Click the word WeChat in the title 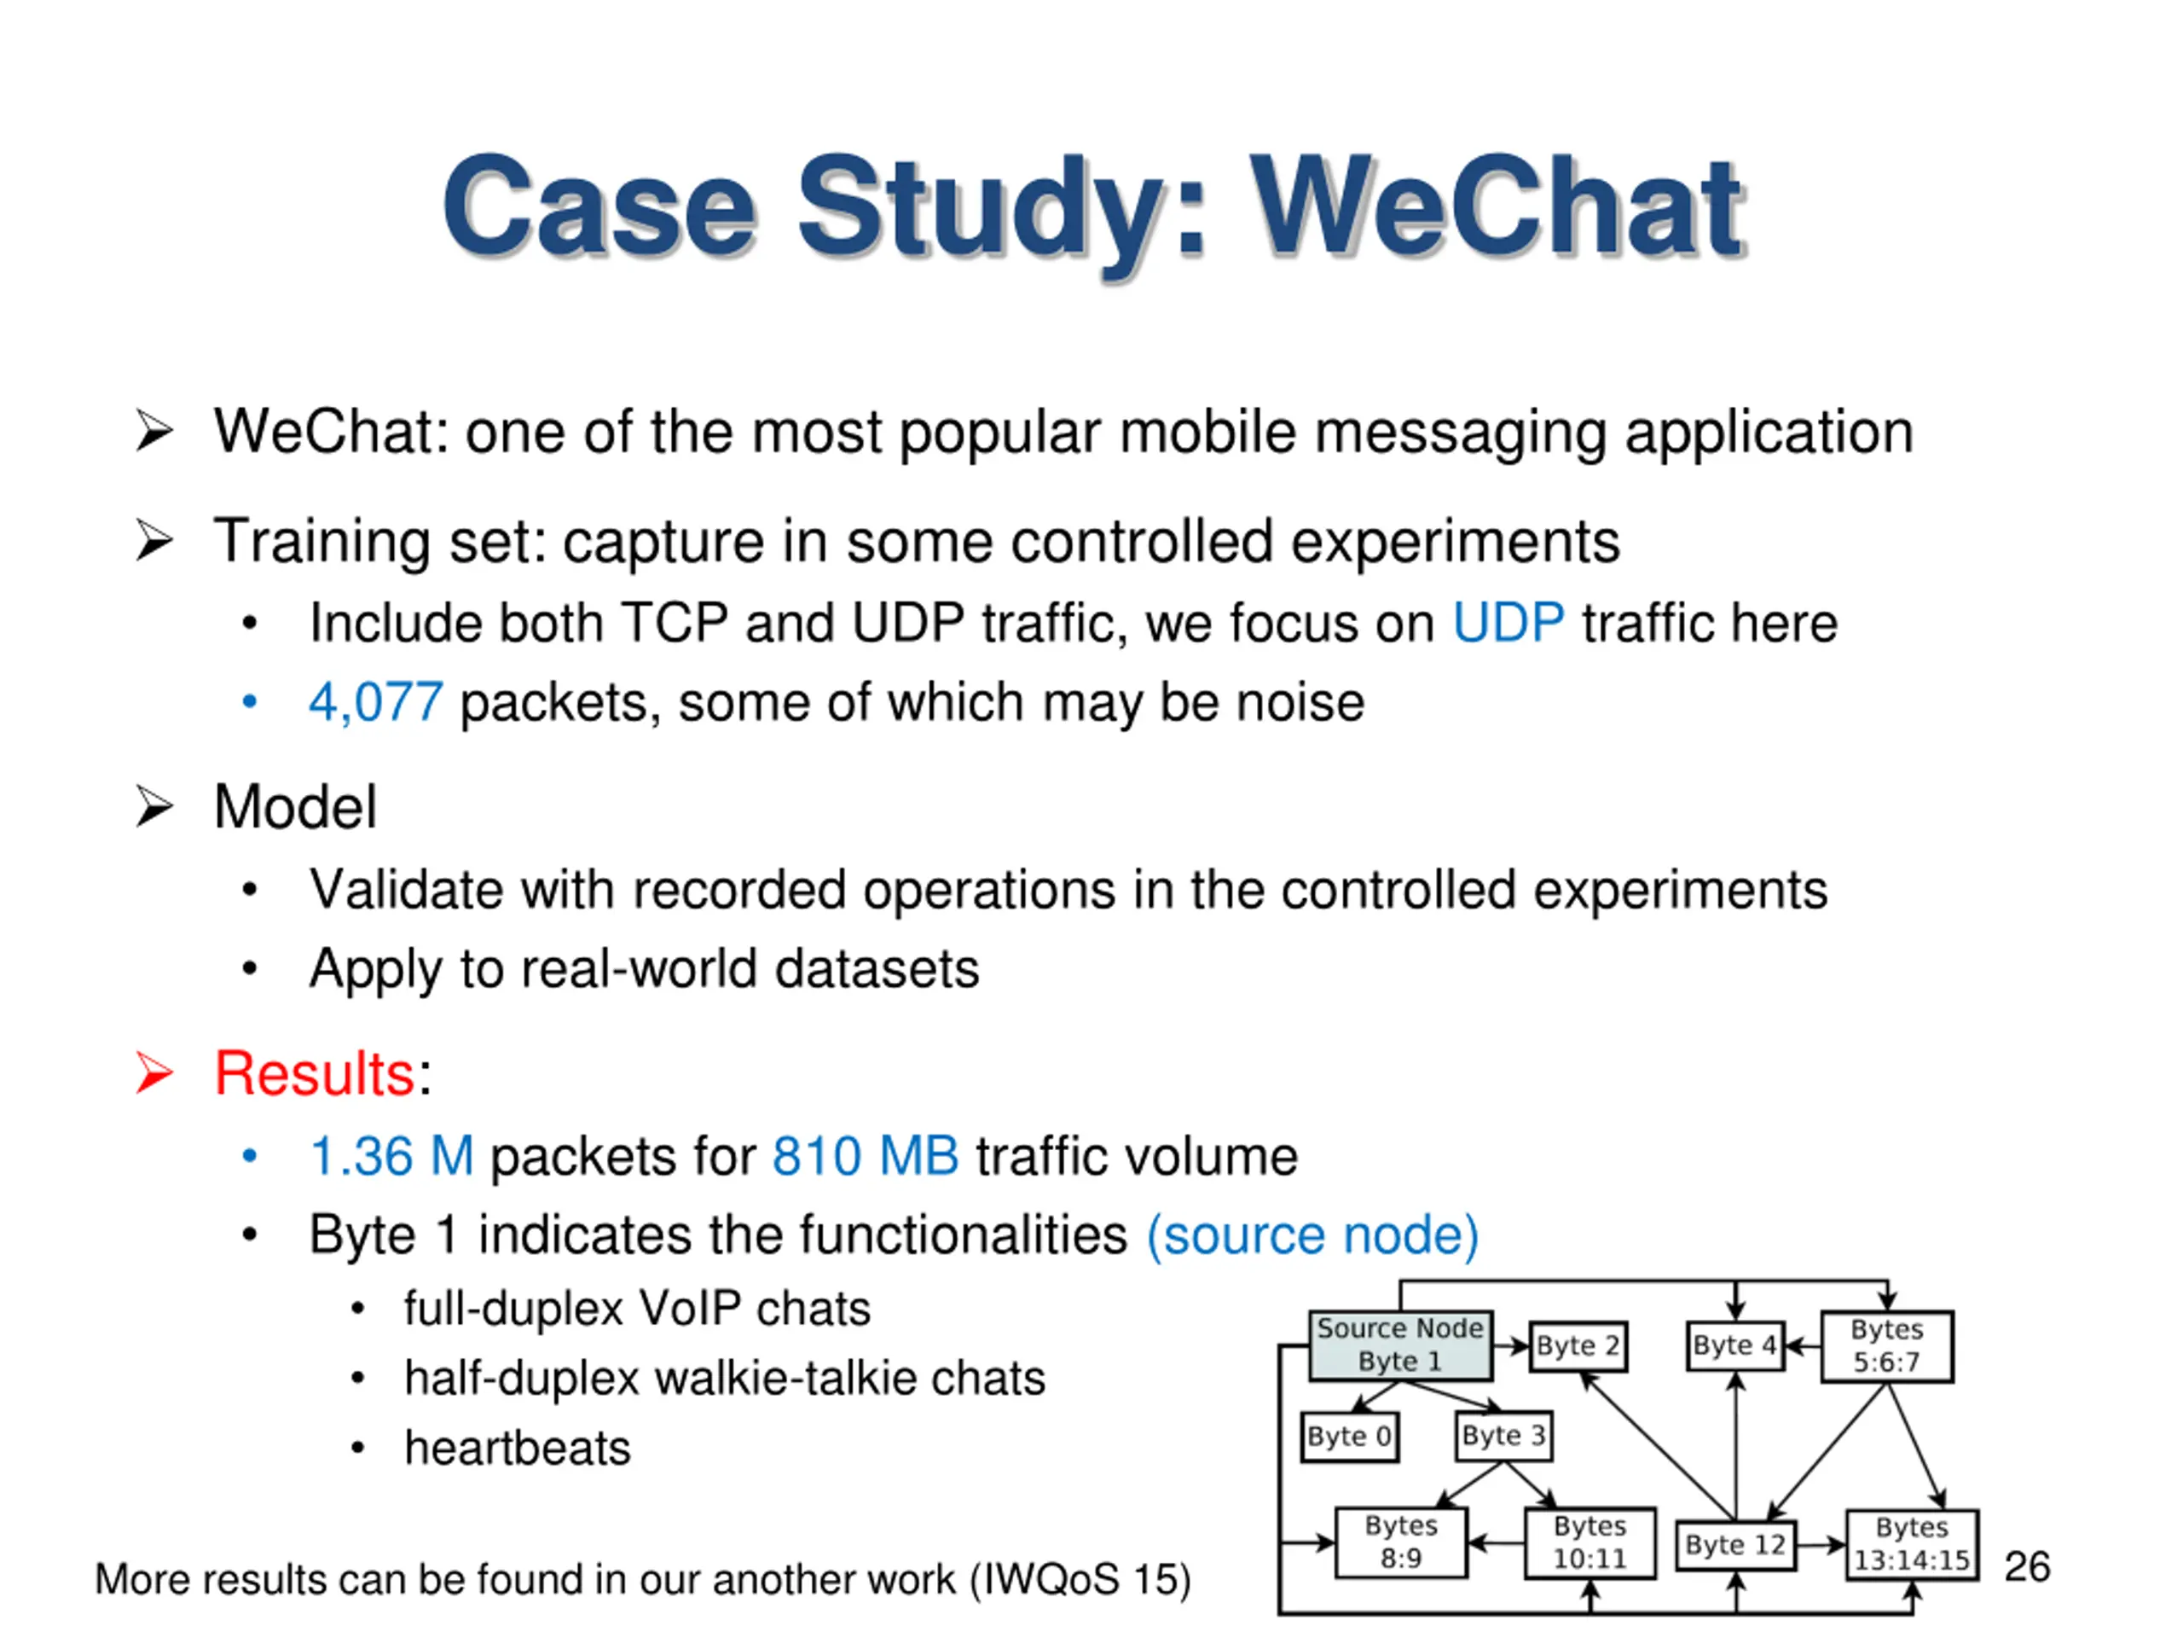coord(1498,209)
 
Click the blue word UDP coord(1508,623)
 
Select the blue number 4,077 coord(375,702)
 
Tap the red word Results coord(314,1073)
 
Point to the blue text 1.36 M coord(391,1156)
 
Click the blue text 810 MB coord(865,1156)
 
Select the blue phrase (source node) coord(1312,1235)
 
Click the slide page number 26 coord(2027,1567)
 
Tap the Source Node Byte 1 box coord(1399,1345)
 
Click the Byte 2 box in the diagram coord(1577,1345)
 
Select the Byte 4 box coord(1735,1345)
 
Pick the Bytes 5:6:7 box coord(1886,1345)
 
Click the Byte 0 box coord(1349,1436)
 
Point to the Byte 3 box coord(1504,1436)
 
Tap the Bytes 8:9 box coord(1400,1542)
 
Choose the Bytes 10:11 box coord(1589,1543)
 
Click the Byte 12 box coord(1735,1544)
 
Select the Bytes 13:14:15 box coord(1912,1544)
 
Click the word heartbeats coord(517,1449)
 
